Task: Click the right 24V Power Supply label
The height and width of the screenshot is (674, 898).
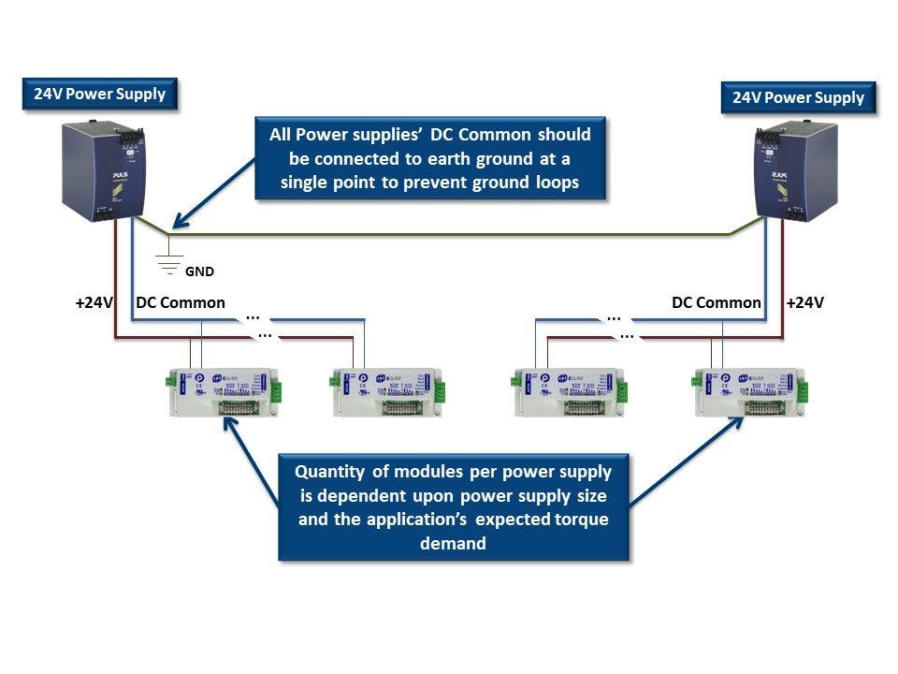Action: [798, 97]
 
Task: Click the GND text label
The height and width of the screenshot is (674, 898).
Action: [199, 272]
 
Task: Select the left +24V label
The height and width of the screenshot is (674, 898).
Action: [94, 302]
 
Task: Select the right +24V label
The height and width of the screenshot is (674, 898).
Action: [805, 302]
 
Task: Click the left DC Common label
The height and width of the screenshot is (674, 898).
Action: [181, 302]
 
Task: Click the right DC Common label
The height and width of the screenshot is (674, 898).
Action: [716, 302]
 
